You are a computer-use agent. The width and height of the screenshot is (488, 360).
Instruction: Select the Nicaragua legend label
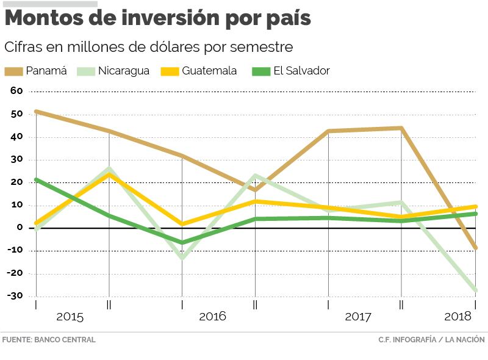pos(124,71)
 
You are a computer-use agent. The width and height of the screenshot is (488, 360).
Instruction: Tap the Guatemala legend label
pos(209,71)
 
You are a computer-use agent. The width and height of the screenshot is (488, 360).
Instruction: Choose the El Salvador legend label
pos(301,71)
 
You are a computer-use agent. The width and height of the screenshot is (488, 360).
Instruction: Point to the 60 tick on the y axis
pos(16,91)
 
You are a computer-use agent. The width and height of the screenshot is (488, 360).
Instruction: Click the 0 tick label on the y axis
pos(20,228)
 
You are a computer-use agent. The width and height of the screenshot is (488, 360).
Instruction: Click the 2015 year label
pos(70,317)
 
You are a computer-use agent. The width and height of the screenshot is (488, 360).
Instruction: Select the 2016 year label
pos(212,317)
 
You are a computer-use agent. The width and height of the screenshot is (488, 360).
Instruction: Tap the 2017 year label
pos(358,317)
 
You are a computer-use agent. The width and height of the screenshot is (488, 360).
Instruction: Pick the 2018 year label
pos(458,317)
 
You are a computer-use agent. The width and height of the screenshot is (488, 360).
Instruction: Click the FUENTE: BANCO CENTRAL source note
pos(49,340)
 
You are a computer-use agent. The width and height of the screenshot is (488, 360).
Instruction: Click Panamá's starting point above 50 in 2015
pos(36,112)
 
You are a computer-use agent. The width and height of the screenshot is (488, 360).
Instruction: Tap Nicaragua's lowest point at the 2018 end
pos(475,291)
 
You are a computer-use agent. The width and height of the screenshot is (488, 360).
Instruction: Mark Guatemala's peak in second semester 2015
pos(109,175)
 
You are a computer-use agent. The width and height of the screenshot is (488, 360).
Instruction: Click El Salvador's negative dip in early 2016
pos(182,242)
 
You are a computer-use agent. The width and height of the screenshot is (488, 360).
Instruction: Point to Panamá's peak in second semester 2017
pos(401,128)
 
